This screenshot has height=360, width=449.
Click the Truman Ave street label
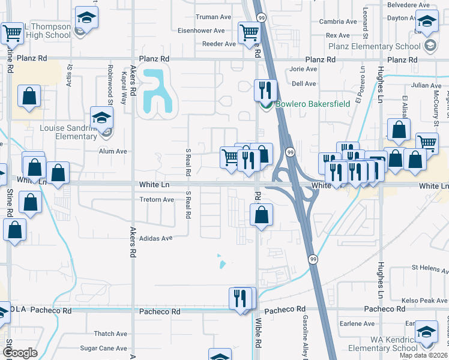point(214,17)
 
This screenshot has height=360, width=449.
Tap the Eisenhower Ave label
point(200,31)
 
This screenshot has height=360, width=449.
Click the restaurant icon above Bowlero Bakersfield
point(265,91)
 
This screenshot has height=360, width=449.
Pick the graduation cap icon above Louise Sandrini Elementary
point(101,118)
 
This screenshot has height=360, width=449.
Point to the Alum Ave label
point(113,152)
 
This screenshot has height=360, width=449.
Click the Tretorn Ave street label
point(156,200)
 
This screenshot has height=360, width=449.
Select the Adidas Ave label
point(155,238)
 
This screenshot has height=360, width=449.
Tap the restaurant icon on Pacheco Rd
point(241,298)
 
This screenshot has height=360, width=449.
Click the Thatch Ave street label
point(110,334)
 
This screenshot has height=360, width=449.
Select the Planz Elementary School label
point(378,46)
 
